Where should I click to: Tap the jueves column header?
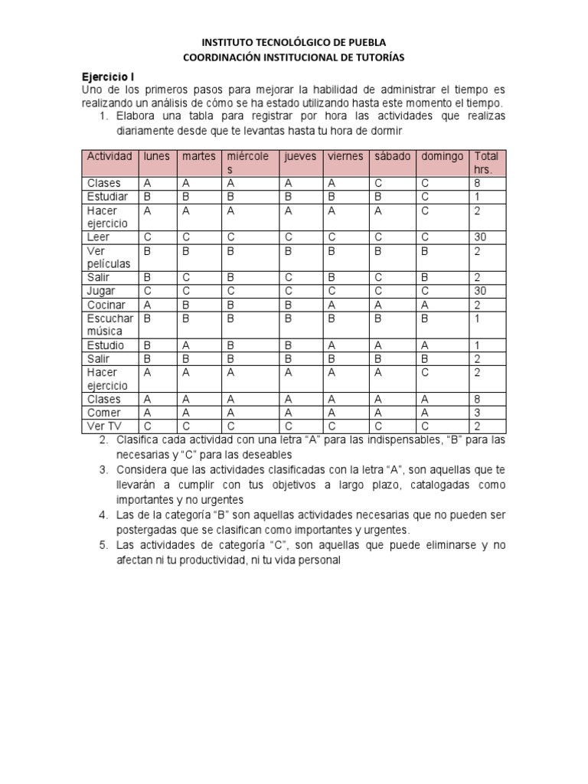click(x=299, y=156)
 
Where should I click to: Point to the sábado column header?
click(x=391, y=156)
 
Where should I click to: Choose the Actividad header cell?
click(x=109, y=156)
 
